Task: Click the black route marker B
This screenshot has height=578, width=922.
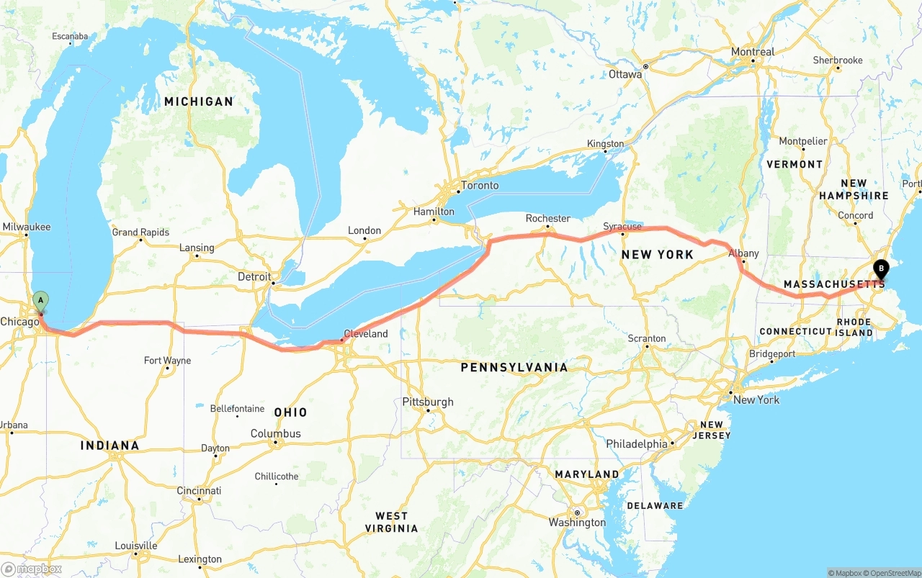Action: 880,270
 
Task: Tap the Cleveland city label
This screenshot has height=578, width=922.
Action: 365,334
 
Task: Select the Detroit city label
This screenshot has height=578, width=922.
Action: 254,276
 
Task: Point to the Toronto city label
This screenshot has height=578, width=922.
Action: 480,186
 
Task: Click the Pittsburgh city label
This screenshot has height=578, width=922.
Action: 428,402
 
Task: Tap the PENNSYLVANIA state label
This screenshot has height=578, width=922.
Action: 514,367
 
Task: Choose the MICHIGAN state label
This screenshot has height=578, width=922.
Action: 199,101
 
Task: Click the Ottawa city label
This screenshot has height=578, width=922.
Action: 625,74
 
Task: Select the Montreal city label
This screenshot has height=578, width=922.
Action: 753,52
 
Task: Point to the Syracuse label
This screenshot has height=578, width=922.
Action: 622,227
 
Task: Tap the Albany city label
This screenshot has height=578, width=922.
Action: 743,253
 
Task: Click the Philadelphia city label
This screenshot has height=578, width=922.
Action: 637,444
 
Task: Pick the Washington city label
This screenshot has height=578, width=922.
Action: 577,523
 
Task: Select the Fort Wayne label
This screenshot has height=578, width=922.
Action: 167,361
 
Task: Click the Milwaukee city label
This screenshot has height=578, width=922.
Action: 27,227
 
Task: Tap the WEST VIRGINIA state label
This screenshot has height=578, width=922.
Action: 391,522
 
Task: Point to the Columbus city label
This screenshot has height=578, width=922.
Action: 275,433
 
